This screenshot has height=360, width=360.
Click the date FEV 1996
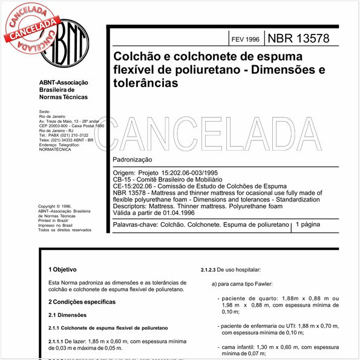point(245,39)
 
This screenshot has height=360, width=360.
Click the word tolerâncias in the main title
point(146,83)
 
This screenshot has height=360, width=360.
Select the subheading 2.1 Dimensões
point(68,315)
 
